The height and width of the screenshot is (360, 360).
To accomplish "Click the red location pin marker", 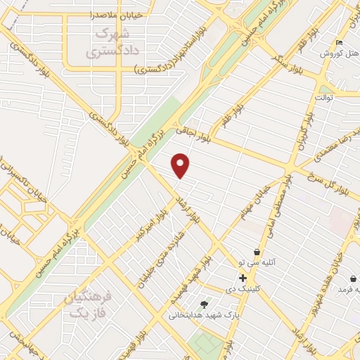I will point(181,165).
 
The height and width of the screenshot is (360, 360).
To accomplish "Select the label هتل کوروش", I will point(336,53).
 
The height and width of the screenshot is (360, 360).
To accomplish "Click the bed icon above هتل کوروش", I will point(340,42).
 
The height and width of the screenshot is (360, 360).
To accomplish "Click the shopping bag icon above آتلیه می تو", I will point(257,252).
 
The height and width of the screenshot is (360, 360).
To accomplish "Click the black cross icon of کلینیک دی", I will point(243,278).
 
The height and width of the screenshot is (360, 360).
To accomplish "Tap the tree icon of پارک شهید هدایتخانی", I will point(205,304).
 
